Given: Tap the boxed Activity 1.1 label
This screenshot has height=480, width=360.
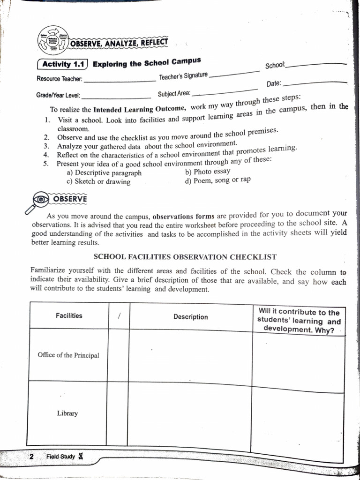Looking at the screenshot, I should [x=62, y=65].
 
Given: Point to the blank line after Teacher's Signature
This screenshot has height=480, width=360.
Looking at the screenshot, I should [x=234, y=73].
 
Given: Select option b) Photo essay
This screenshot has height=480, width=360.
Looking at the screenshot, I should [x=208, y=172].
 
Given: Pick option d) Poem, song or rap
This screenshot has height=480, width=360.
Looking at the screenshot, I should [x=218, y=180].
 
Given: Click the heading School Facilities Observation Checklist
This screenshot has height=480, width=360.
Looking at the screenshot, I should [x=185, y=257].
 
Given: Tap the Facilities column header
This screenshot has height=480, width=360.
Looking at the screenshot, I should [x=69, y=316].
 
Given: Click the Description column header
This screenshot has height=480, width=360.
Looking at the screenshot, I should [x=190, y=317].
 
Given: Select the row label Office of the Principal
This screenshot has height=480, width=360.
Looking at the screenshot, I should [x=68, y=355].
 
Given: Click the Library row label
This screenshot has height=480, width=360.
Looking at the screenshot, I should [x=67, y=413].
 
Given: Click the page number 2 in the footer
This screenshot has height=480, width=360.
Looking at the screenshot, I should [x=31, y=457].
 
